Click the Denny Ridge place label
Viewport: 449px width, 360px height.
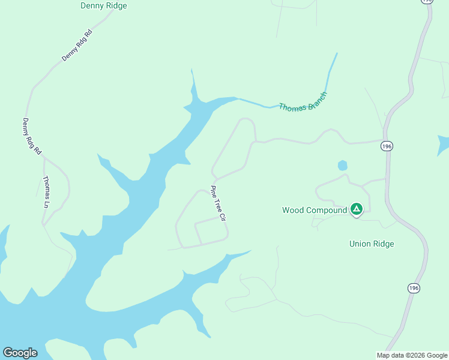tap(103, 5)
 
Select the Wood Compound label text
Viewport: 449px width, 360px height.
tap(315, 210)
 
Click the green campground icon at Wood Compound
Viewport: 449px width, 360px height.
tap(357, 209)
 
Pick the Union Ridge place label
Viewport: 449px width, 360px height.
tap(372, 244)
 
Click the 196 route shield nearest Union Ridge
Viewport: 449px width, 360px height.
tap(414, 288)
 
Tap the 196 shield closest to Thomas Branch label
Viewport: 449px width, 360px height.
tap(387, 146)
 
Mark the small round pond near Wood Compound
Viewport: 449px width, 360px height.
tap(343, 165)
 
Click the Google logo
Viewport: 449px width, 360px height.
tap(20, 353)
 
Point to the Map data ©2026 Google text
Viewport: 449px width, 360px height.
tap(412, 355)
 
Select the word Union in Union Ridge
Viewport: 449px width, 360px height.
tap(360, 244)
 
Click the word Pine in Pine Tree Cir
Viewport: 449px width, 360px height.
tap(213, 191)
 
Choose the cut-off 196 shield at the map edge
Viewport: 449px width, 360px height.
tap(427, 1)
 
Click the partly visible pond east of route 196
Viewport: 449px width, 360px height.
tap(444, 145)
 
